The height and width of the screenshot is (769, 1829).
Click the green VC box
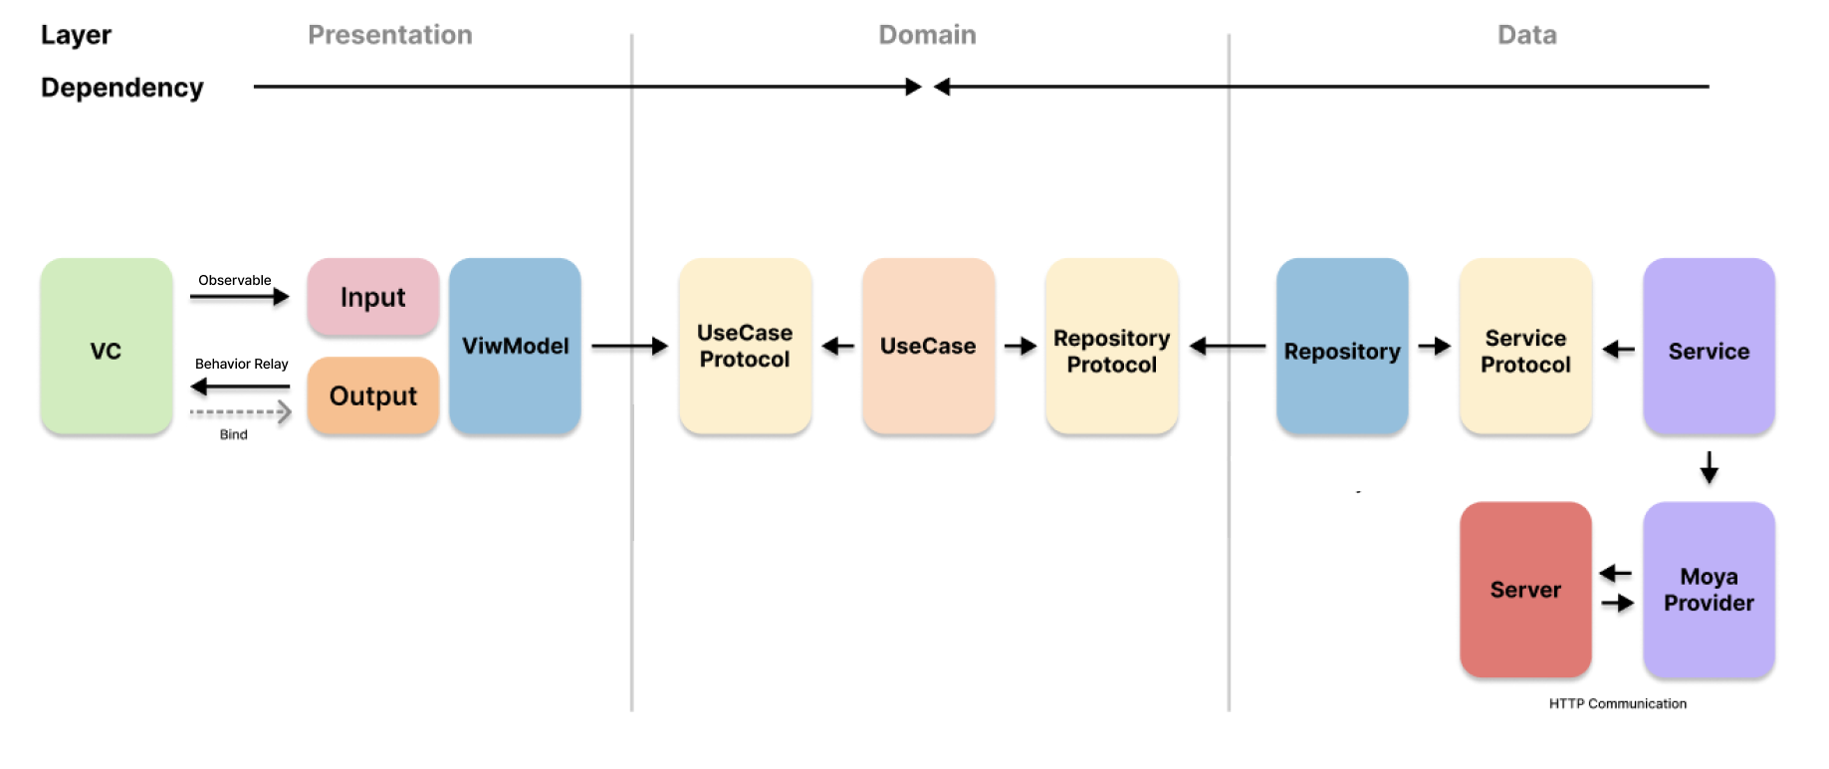[x=106, y=347]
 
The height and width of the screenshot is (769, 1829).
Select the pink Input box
[x=372, y=297]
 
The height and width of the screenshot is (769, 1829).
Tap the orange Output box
[x=372, y=395]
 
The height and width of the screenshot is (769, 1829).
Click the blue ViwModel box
[x=515, y=346]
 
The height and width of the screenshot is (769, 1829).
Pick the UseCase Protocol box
[x=745, y=346]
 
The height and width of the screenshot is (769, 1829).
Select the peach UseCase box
[x=928, y=346]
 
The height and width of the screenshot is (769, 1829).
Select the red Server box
[x=1525, y=589]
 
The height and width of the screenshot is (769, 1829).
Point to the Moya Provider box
[x=1709, y=589]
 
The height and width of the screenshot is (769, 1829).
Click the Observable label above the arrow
[x=234, y=280]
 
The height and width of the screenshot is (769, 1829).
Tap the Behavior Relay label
[x=241, y=364]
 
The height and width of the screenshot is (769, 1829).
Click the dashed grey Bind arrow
[x=240, y=412]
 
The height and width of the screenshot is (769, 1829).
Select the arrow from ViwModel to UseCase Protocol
[x=629, y=346]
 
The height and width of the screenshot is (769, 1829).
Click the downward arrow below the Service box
[x=1709, y=467]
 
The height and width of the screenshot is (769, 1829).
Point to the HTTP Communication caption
[x=1617, y=703]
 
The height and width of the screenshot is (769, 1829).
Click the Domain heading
[x=927, y=35]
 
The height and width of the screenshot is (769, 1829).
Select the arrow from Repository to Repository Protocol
[x=1227, y=347]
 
